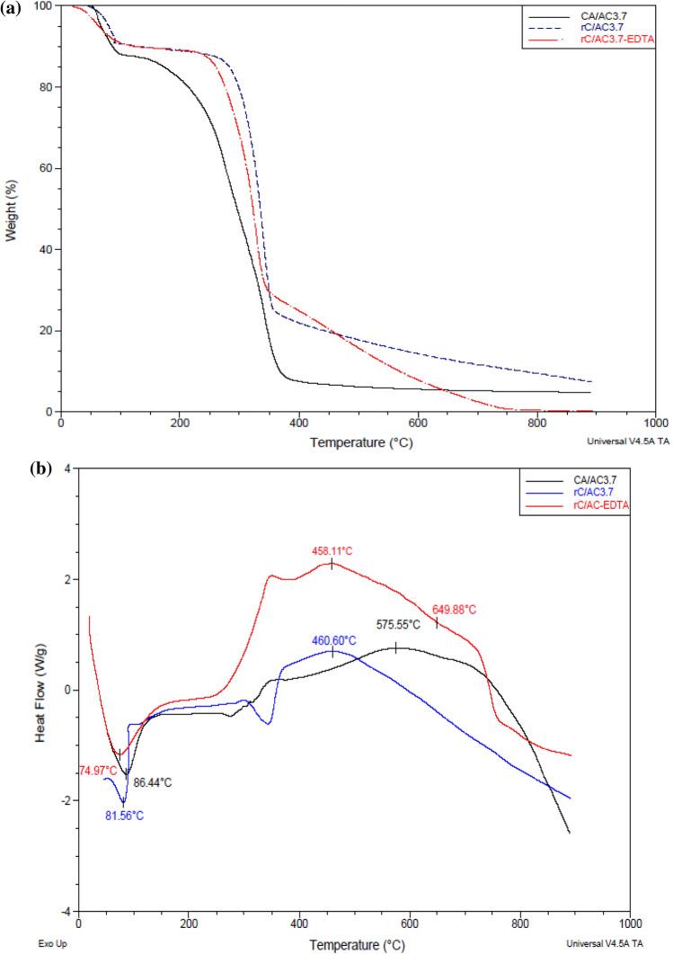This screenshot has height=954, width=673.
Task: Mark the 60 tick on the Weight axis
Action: click(x=46, y=168)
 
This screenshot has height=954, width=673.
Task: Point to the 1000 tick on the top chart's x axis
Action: click(x=655, y=424)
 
